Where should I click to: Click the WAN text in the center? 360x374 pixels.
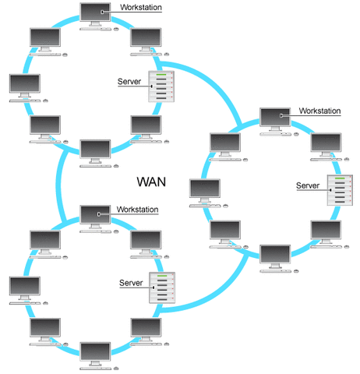[x=152, y=182]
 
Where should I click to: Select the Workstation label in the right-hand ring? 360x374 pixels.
[x=319, y=111]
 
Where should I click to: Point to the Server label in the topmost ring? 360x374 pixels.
[x=129, y=81]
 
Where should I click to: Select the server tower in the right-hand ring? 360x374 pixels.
[x=340, y=196]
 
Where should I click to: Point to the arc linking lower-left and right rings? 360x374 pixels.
[x=226, y=284]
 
